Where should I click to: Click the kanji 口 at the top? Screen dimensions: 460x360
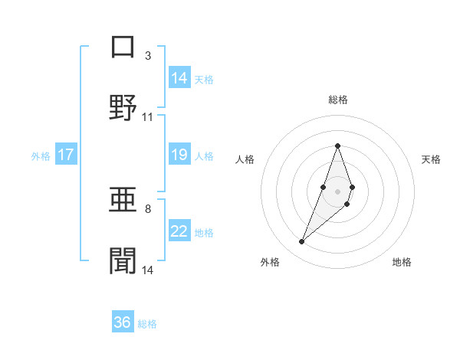pyautogui.click(x=122, y=47)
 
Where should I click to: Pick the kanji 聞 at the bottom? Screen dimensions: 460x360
pyautogui.click(x=122, y=260)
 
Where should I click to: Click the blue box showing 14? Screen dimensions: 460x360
pyautogui.click(x=179, y=78)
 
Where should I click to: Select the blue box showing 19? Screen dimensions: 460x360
pyautogui.click(x=179, y=155)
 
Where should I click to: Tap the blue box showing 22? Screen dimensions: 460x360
pyautogui.click(x=179, y=231)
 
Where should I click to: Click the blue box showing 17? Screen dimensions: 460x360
pyautogui.click(x=66, y=155)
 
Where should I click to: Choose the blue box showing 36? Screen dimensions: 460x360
pyautogui.click(x=123, y=322)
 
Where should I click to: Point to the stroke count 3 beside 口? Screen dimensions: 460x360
pyautogui.click(x=147, y=56)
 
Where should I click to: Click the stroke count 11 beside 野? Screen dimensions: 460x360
pyautogui.click(x=148, y=117)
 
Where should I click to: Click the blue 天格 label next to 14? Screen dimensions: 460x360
pyautogui.click(x=204, y=79)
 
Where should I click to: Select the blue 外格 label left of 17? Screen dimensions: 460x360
pyautogui.click(x=41, y=155)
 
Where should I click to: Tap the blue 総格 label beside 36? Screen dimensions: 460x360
pyautogui.click(x=147, y=324)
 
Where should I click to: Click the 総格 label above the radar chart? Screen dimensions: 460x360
pyautogui.click(x=337, y=100)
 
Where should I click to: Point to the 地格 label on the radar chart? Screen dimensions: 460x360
pyautogui.click(x=402, y=262)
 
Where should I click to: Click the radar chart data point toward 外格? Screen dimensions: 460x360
pyautogui.click(x=301, y=242)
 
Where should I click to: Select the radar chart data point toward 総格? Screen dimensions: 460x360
pyautogui.click(x=337, y=146)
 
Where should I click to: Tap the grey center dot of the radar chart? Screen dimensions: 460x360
pyautogui.click(x=337, y=190)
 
